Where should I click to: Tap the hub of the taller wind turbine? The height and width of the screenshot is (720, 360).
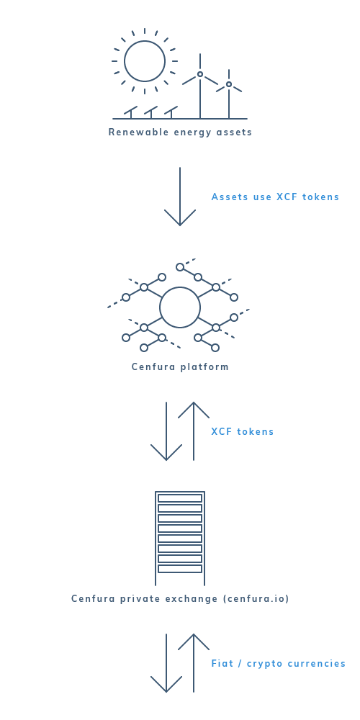click(x=200, y=74)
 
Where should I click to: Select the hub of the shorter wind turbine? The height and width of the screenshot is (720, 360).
click(x=229, y=84)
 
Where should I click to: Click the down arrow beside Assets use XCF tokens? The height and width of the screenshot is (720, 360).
click(x=180, y=197)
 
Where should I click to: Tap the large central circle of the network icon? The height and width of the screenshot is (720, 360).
click(x=180, y=287)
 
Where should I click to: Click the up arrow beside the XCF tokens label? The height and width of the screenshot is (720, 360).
click(x=194, y=431)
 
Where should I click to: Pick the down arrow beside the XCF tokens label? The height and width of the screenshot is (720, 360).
click(x=166, y=431)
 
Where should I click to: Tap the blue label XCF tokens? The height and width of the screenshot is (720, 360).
click(x=243, y=431)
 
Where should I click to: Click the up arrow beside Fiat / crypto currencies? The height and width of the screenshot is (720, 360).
click(x=194, y=663)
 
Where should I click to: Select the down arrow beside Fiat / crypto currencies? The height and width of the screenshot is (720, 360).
click(x=166, y=663)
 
